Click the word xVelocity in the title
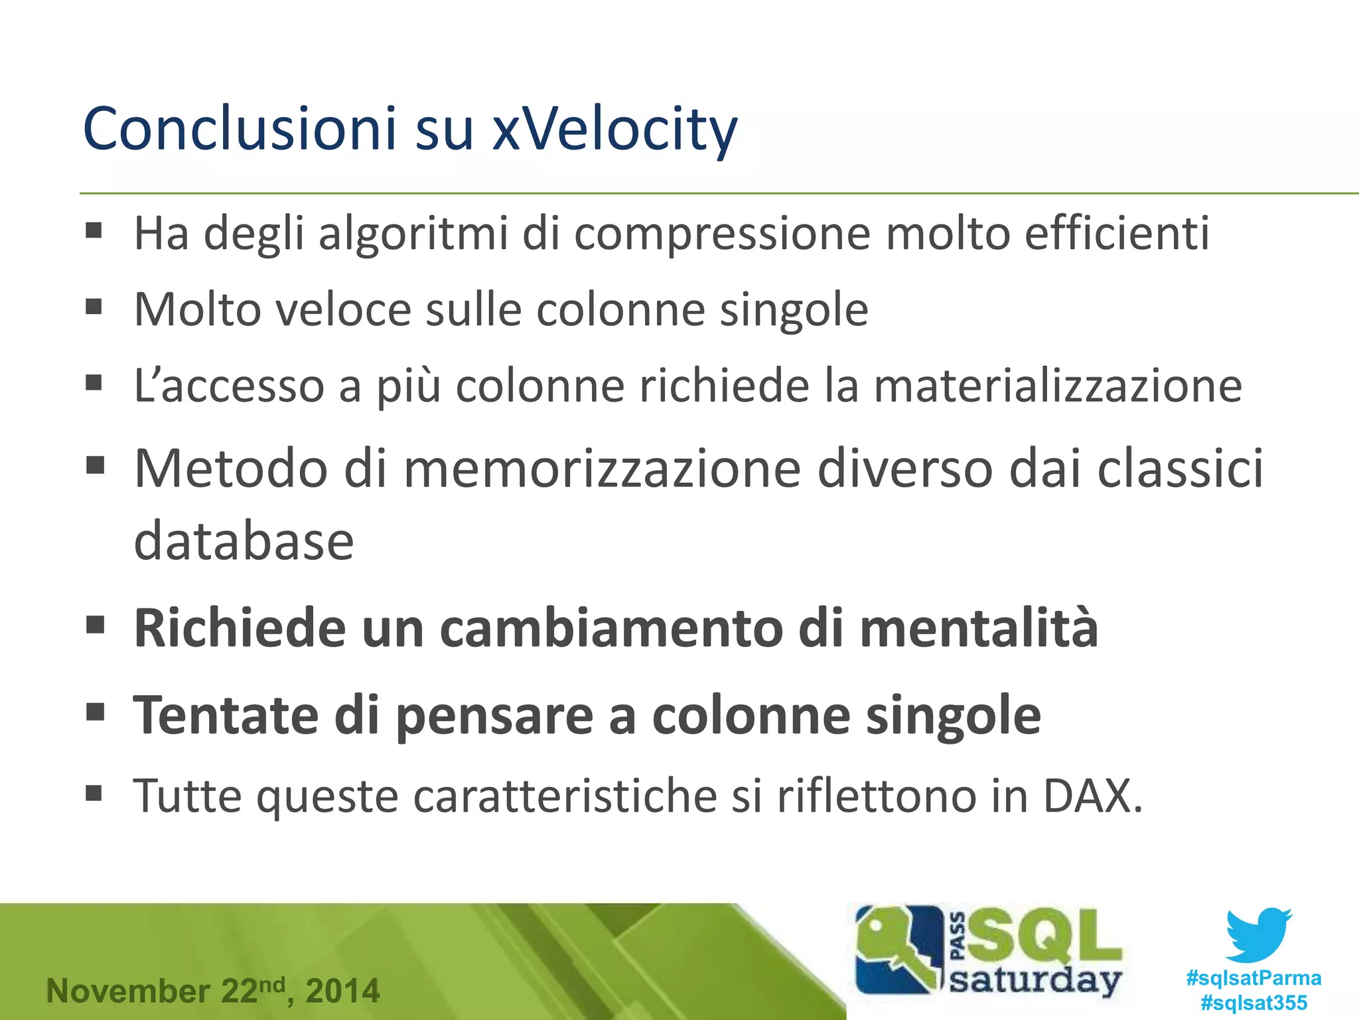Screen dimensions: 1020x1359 pos(614,129)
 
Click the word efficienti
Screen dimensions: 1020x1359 pos(1117,234)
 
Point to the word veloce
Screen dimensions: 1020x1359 pos(343,310)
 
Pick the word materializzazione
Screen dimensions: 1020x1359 pos(1058,386)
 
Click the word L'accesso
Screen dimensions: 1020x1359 pos(229,386)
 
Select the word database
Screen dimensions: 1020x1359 pos(244,541)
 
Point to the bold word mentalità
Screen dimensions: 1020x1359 pos(979,628)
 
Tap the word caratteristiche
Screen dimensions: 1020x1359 pos(564,796)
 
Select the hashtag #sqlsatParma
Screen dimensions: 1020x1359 pos(1253,978)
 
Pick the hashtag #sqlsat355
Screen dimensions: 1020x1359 pos(1253,1002)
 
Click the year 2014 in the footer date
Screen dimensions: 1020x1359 pos(342,991)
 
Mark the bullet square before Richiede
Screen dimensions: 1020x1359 pos(96,626)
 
